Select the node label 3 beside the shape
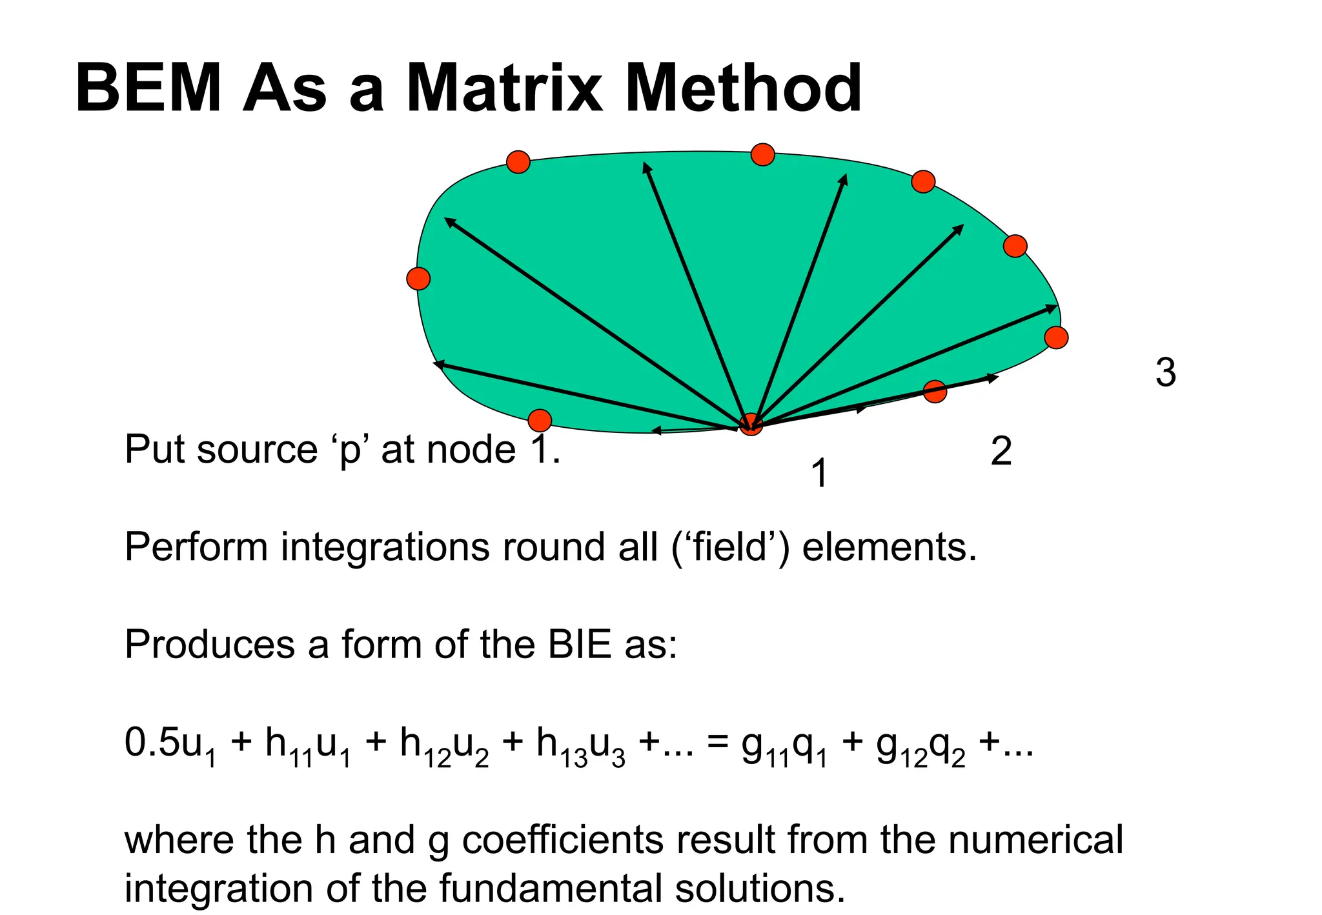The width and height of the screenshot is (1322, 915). [x=1166, y=373]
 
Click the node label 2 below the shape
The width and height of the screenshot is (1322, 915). [x=1001, y=452]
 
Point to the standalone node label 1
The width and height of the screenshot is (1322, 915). [x=819, y=474]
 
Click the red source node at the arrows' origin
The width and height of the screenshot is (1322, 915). [x=751, y=424]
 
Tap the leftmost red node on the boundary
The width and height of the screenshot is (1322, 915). [x=418, y=279]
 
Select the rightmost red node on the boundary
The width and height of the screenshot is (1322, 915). [x=1056, y=337]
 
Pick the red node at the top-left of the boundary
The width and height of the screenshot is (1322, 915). [x=518, y=162]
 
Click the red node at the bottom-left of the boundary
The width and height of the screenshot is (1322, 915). [x=540, y=421]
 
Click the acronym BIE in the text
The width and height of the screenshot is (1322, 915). [x=579, y=645]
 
